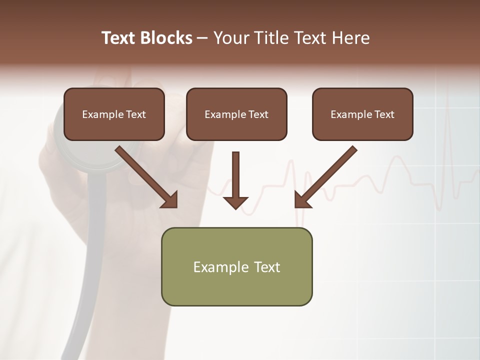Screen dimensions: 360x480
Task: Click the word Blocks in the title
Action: click(x=166, y=38)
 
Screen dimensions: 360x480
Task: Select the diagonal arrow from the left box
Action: click(x=145, y=175)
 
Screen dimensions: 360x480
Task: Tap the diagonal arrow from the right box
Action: click(x=327, y=175)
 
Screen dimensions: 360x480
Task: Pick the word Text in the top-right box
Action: click(x=384, y=114)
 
